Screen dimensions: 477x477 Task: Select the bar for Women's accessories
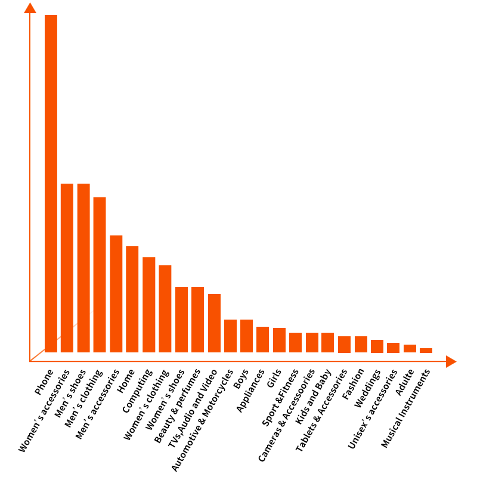pyautogui.click(x=67, y=268)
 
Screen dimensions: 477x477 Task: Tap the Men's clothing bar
pyautogui.click(x=100, y=275)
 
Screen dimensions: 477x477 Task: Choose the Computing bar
pyautogui.click(x=148, y=305)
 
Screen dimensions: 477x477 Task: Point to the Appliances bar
pyautogui.click(x=262, y=340)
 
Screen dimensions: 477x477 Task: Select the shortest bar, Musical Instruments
pyautogui.click(x=426, y=351)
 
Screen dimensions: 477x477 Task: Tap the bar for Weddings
pyautogui.click(x=377, y=346)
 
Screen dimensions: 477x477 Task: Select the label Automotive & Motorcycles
pyautogui.click(x=203, y=420)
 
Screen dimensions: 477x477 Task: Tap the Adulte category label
pyautogui.click(x=405, y=382)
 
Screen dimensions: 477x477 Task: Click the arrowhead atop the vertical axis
pyautogui.click(x=30, y=8)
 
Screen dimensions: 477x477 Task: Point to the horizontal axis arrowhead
pyautogui.click(x=451, y=361)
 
